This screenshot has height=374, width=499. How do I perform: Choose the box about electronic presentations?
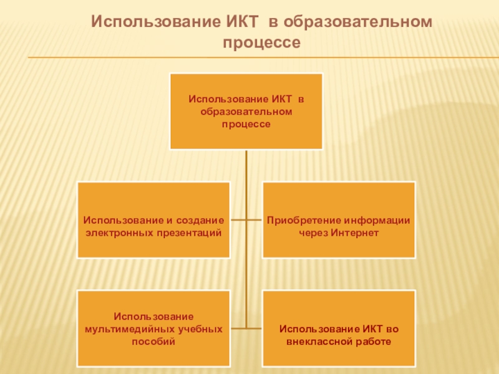[x=153, y=219]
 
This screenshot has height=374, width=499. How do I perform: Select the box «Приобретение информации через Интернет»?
[x=339, y=219]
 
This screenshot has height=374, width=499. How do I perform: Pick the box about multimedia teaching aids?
[x=153, y=328]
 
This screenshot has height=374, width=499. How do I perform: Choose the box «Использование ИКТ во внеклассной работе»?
[x=339, y=328]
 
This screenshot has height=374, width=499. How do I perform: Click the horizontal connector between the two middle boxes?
[x=246, y=219]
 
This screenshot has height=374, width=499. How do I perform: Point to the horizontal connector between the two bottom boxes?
[x=246, y=328]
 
